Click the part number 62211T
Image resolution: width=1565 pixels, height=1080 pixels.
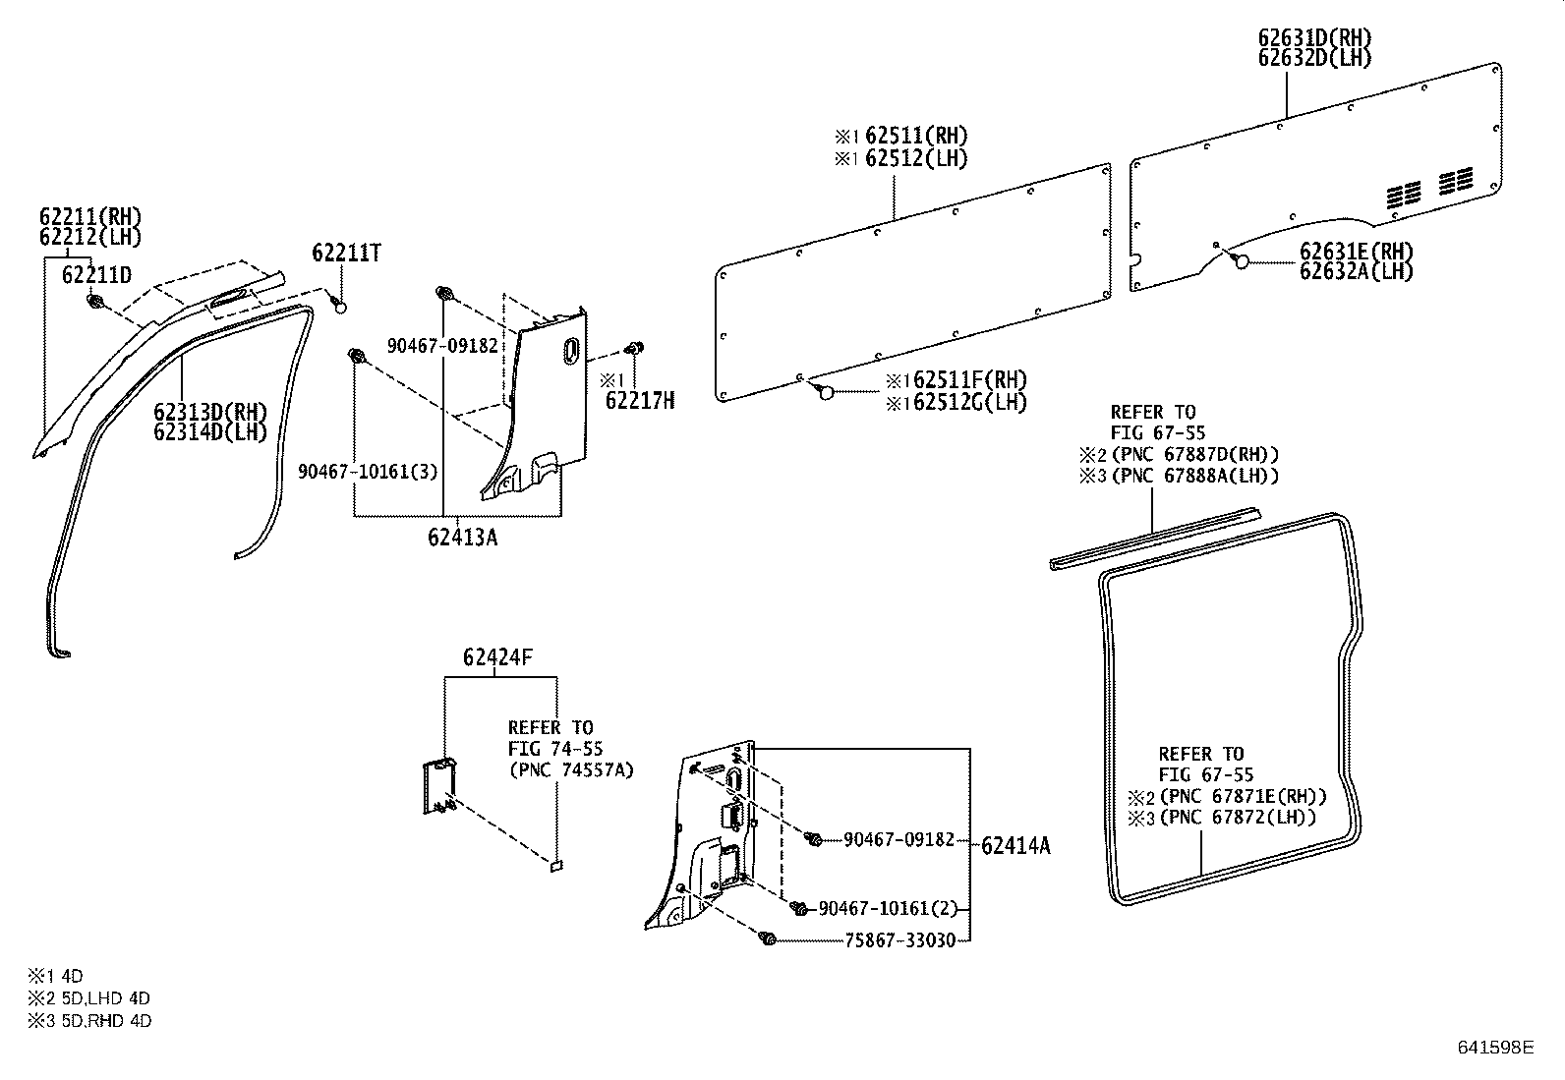[346, 254]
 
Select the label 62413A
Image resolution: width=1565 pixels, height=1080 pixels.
[462, 538]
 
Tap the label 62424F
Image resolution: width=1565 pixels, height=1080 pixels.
[498, 658]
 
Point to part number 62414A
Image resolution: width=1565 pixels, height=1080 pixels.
[1015, 845]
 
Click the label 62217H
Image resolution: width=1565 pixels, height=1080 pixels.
[640, 401]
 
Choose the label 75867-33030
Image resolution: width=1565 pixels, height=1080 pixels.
[899, 940]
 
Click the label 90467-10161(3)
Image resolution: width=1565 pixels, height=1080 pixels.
[369, 472]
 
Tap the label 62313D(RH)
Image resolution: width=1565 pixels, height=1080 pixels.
[210, 411]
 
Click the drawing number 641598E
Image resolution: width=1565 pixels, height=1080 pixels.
[1494, 1048]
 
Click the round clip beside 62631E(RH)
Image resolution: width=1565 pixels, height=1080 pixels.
[1242, 261]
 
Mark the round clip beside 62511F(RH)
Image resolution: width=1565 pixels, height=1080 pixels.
[826, 392]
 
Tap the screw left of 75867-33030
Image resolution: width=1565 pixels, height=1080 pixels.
[768, 940]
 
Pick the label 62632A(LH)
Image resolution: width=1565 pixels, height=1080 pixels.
[1356, 272]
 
